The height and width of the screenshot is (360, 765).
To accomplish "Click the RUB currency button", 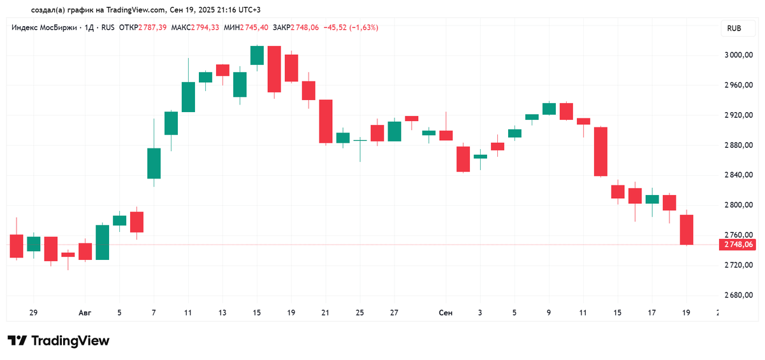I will coord(734,29).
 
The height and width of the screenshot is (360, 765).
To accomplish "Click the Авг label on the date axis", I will coord(85,313).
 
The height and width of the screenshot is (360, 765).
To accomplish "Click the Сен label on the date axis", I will coord(446,313).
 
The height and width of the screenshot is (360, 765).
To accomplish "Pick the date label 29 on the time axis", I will coord(33,313).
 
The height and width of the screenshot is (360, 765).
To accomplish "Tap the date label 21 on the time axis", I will coord(326,313).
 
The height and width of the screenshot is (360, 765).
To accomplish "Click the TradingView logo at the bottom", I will coord(59,341).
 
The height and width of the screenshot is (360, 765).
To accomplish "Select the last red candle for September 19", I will coord(686,230).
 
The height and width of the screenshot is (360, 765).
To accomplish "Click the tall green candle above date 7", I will coord(154,163).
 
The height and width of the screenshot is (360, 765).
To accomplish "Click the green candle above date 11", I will coord(188,97).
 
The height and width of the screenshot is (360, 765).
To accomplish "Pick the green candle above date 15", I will coord(257,55).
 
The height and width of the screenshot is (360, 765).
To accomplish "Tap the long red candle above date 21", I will coord(326,121).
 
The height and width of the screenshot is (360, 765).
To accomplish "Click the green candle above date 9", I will coord(549,109).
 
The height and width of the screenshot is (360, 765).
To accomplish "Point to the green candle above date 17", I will coord(652,199).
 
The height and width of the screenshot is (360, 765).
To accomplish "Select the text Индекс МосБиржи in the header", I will coord(44,27).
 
